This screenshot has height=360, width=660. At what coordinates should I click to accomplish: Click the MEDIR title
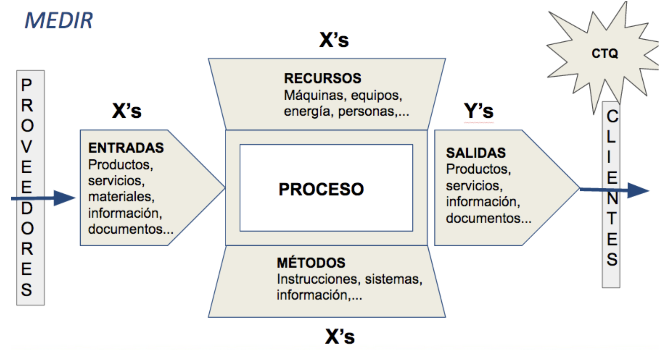[59, 21]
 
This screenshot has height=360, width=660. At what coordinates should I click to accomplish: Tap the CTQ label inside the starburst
[605, 54]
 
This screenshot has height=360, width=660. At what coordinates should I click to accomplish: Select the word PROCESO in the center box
[321, 189]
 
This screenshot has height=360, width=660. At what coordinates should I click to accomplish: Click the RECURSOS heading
[322, 78]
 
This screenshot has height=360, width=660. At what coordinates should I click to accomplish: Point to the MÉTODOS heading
[311, 263]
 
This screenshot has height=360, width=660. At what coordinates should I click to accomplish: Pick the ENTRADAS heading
[126, 148]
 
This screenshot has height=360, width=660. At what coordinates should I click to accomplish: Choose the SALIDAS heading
[476, 153]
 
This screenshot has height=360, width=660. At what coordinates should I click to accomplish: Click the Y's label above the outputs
[478, 111]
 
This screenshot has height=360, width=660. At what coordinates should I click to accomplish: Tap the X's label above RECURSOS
[334, 40]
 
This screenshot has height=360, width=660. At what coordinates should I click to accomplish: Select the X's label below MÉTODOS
[340, 337]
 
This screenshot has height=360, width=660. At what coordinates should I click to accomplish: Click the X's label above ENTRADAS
[126, 111]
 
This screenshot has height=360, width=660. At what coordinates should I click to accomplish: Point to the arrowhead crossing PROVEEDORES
[64, 198]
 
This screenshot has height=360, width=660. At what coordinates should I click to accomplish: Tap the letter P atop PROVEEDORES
[27, 85]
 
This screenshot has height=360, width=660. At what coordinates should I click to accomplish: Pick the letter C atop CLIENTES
[612, 116]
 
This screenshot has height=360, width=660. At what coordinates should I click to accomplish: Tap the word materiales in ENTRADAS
[121, 197]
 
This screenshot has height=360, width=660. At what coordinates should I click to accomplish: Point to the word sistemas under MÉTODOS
[393, 279]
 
